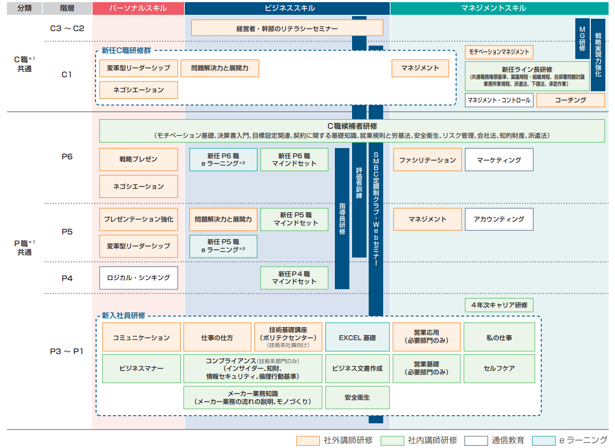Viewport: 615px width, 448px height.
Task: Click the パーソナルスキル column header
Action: click(x=138, y=8)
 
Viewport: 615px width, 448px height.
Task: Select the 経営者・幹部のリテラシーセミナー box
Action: click(x=287, y=28)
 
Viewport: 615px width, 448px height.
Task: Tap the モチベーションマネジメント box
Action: click(x=499, y=52)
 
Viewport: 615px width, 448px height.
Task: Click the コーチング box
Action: click(x=570, y=100)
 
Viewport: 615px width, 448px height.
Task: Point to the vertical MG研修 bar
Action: click(x=582, y=39)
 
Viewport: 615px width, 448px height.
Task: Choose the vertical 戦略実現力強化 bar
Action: click(x=598, y=55)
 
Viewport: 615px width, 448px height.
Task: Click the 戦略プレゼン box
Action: click(x=138, y=159)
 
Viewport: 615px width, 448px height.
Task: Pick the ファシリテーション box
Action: click(x=428, y=160)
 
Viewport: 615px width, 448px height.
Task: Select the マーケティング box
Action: click(x=499, y=160)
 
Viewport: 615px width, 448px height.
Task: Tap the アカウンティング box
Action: click(x=499, y=219)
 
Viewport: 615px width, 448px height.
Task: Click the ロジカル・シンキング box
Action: click(x=138, y=278)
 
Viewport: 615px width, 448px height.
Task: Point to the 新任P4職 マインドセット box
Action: click(x=294, y=278)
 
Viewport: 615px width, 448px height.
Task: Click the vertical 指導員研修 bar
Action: click(x=342, y=218)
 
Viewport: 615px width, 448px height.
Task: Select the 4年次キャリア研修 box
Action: click(x=499, y=305)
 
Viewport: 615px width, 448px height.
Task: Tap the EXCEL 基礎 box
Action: click(x=357, y=337)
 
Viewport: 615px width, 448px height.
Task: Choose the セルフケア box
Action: click(x=499, y=369)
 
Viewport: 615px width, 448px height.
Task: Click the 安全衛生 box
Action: click(x=357, y=398)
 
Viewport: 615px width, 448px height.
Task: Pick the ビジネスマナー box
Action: click(x=141, y=369)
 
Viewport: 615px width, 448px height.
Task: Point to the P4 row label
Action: click(x=67, y=278)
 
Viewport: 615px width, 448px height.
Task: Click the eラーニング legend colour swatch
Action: click(x=544, y=440)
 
